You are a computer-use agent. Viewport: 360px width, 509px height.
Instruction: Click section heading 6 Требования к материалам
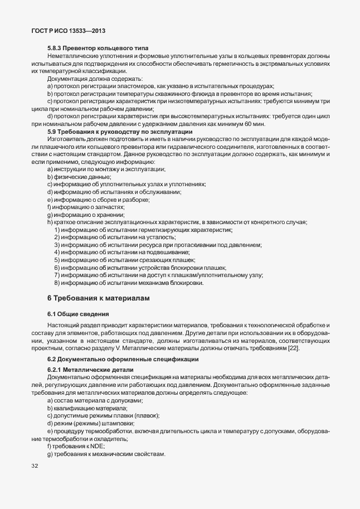99,299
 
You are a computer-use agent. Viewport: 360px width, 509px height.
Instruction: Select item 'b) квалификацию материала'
87,409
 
